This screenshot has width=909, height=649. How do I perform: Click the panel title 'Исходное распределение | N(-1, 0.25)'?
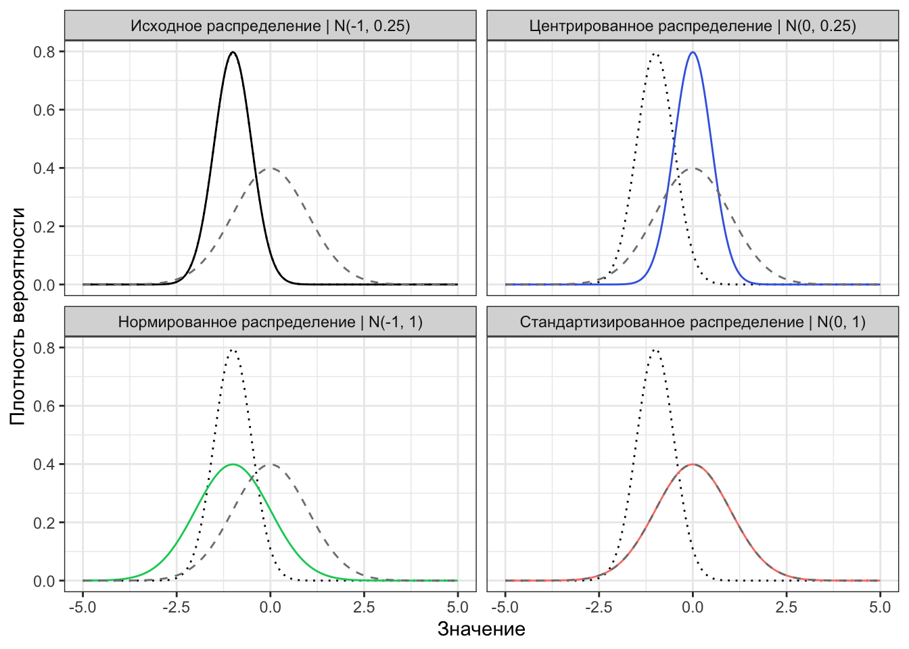(270, 26)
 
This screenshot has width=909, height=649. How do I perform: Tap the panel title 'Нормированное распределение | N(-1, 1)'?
(270, 322)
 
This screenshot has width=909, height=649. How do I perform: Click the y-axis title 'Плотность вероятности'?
(18, 316)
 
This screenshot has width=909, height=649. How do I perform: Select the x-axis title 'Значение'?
(481, 629)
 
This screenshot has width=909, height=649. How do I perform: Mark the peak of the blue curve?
(693, 52)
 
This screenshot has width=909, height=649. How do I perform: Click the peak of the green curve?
(233, 464)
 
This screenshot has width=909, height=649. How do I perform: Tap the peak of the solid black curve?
(233, 52)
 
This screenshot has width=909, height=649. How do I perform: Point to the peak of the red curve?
(693, 464)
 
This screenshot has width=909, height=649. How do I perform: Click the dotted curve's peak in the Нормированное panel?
(233, 350)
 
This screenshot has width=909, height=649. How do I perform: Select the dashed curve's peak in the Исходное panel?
(271, 168)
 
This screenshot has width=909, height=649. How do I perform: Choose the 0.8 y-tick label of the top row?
(45, 51)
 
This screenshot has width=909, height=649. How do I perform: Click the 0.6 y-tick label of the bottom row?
(45, 406)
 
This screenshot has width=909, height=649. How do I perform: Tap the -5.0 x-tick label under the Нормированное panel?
(83, 607)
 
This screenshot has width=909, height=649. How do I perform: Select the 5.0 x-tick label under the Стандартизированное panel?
(880, 607)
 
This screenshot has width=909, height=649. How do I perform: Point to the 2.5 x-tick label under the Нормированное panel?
(364, 607)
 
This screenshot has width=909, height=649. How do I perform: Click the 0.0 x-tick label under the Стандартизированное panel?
(693, 607)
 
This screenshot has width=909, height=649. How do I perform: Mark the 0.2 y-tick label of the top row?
(45, 226)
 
